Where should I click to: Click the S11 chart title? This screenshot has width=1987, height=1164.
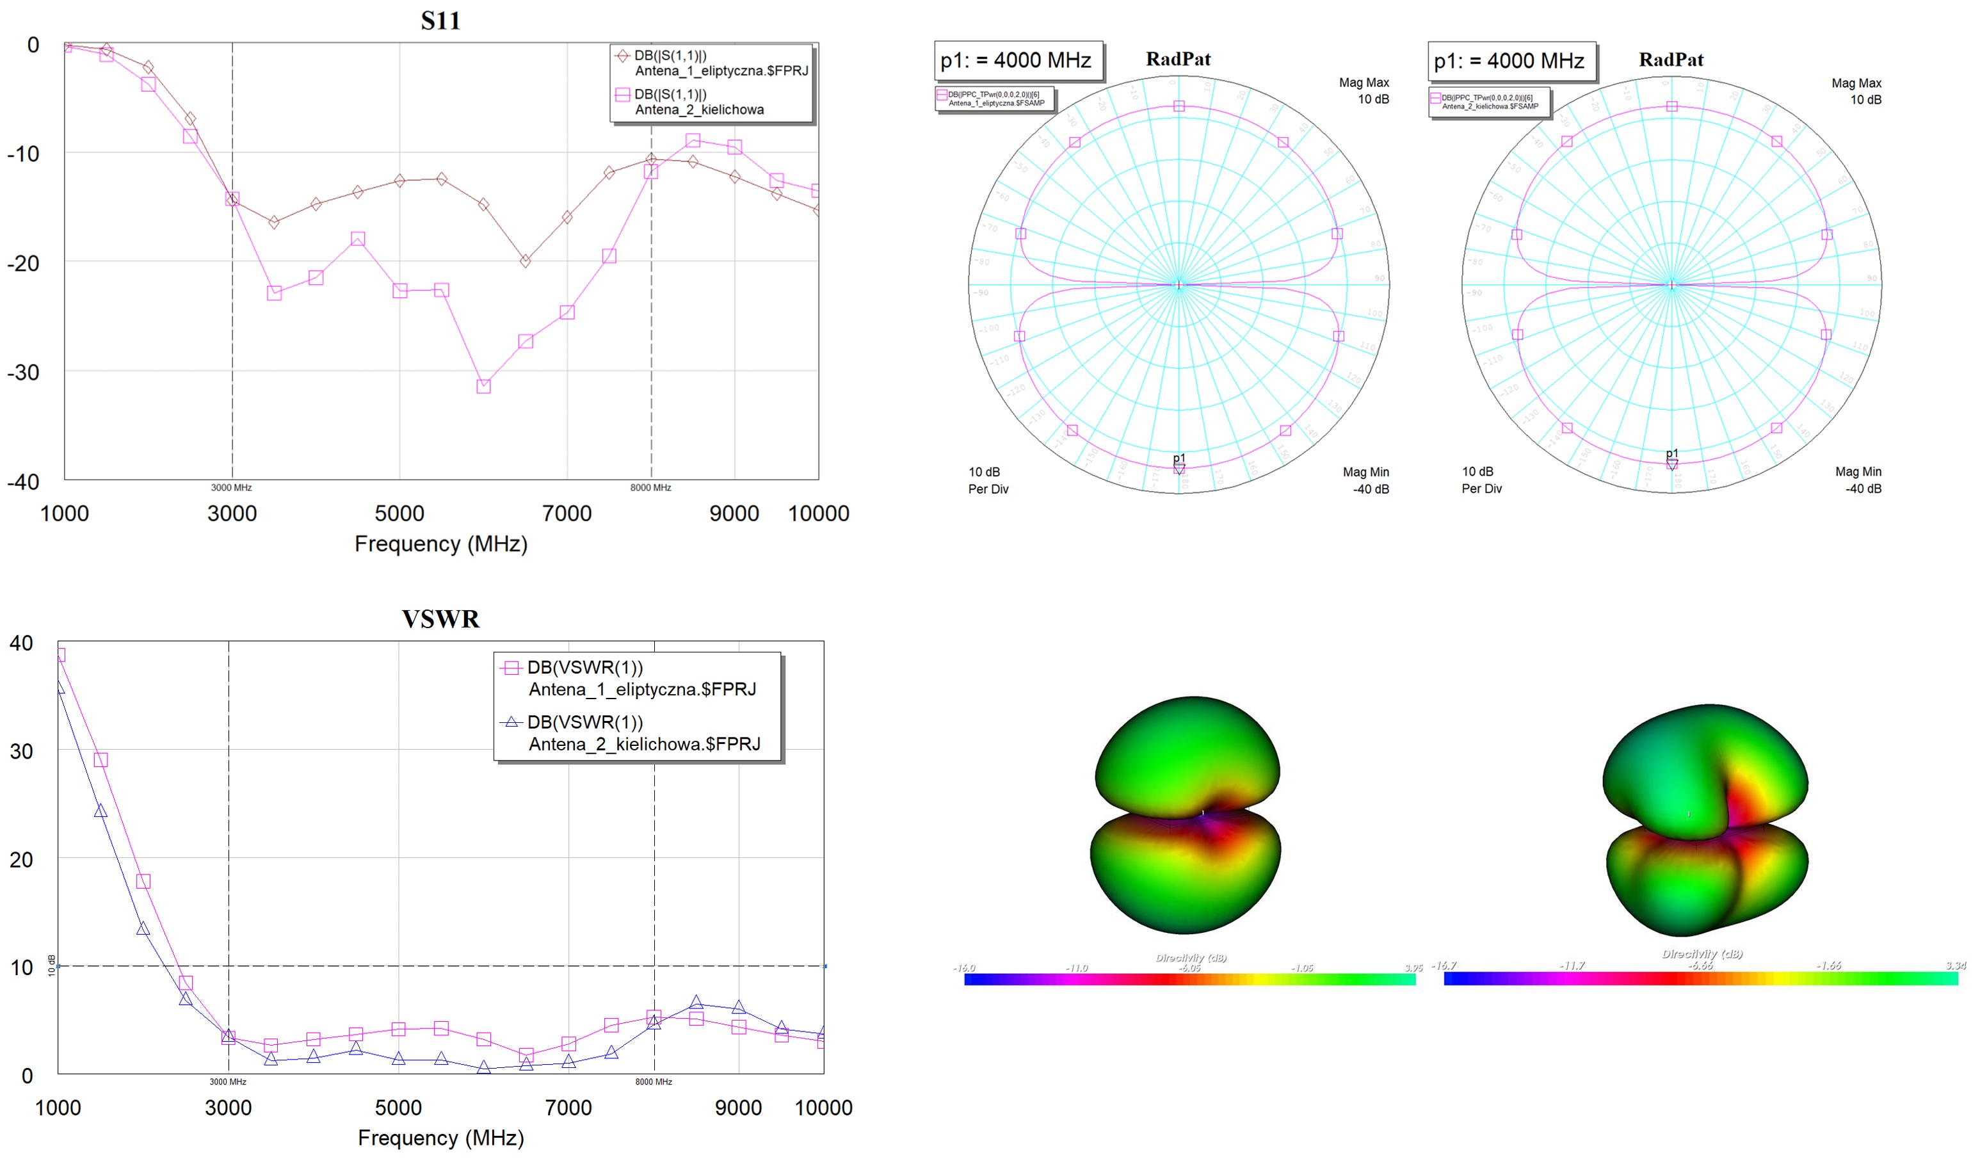point(440,20)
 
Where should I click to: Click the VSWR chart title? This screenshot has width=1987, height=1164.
point(440,619)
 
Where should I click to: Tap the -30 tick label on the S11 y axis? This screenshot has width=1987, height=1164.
point(24,372)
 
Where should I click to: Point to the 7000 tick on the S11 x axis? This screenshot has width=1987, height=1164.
point(567,513)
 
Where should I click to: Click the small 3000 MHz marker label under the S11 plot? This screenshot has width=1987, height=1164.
point(231,488)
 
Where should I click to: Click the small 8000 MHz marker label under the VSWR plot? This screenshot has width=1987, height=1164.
point(654,1082)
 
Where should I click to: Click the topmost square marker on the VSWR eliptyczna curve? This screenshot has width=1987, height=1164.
point(59,654)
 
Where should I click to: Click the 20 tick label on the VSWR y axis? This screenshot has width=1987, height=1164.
point(21,860)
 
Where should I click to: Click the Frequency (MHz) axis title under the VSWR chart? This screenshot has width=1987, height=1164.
point(440,1138)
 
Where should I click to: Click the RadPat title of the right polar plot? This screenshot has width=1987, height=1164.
point(1670,60)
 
